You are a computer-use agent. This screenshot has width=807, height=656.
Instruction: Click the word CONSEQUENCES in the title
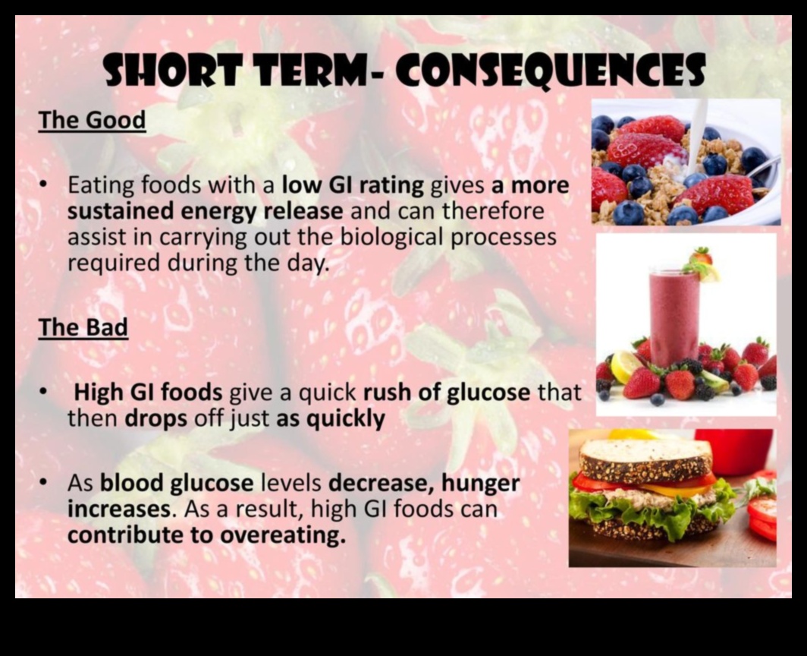pyautogui.click(x=550, y=71)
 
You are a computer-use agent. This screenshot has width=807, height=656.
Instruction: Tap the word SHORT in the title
pyautogui.click(x=172, y=70)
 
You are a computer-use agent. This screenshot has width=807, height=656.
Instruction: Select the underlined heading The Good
pyautogui.click(x=92, y=120)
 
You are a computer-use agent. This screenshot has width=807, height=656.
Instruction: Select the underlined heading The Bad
pyautogui.click(x=83, y=327)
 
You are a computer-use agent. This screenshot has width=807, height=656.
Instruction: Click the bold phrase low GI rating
pyautogui.click(x=353, y=185)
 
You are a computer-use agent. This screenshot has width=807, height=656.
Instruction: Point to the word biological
pyautogui.click(x=391, y=238)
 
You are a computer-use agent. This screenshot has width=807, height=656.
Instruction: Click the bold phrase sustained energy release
pyautogui.click(x=205, y=212)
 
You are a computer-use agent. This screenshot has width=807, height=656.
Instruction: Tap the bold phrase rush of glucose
pyautogui.click(x=447, y=393)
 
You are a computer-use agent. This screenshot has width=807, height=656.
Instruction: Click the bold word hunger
pyautogui.click(x=481, y=484)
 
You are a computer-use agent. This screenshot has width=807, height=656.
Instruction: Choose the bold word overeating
pyautogui.click(x=283, y=535)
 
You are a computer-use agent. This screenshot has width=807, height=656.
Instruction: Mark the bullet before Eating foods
pyautogui.click(x=45, y=184)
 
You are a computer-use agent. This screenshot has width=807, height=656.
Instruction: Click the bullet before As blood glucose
pyautogui.click(x=45, y=482)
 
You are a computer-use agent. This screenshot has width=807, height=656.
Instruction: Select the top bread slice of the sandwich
pyautogui.click(x=645, y=459)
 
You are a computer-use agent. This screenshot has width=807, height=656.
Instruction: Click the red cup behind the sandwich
pyautogui.click(x=733, y=451)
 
